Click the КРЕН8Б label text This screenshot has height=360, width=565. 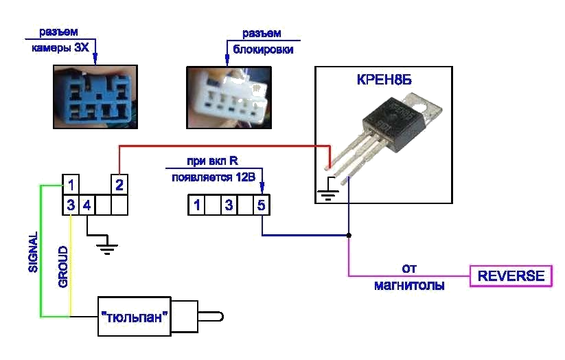coord(384,80)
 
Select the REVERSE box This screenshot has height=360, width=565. coord(511,276)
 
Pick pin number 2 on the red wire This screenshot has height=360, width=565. coord(119,185)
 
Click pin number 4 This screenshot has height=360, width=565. coord(86,205)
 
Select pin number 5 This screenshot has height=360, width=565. coord(261,205)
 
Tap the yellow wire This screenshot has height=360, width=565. coord(71,261)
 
